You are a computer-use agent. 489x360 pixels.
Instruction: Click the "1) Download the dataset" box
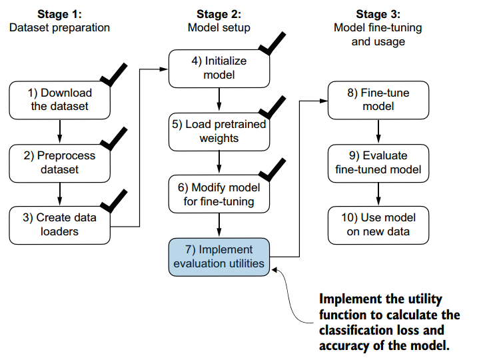pyautogui.click(x=60, y=99)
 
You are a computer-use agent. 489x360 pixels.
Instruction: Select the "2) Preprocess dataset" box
pyautogui.click(x=60, y=162)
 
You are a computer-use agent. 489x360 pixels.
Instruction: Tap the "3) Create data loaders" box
pyautogui.click(x=60, y=225)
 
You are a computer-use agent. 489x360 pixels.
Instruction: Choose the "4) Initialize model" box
pyautogui.click(x=219, y=68)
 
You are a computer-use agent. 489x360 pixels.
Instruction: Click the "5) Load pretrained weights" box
pyautogui.click(x=219, y=131)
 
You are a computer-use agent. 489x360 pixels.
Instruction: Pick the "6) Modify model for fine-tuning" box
pyautogui.click(x=219, y=193)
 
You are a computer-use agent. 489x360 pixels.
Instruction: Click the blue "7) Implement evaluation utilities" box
pyautogui.click(x=219, y=257)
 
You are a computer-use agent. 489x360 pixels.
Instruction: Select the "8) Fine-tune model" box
pyautogui.click(x=378, y=99)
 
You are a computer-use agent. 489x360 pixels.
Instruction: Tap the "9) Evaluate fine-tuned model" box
pyautogui.click(x=378, y=162)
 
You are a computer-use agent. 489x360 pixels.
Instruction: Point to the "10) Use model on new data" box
pyautogui.click(x=378, y=225)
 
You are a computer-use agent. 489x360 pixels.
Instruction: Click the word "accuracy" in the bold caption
pyautogui.click(x=344, y=345)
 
